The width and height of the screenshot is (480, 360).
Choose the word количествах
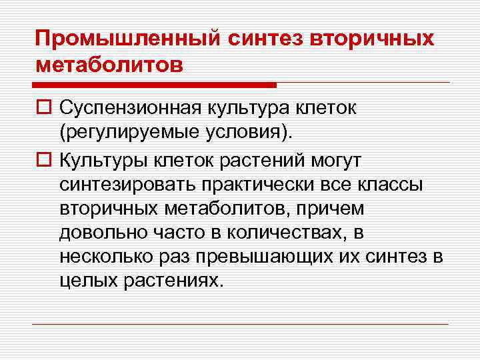pyautogui.click(x=293, y=235)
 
